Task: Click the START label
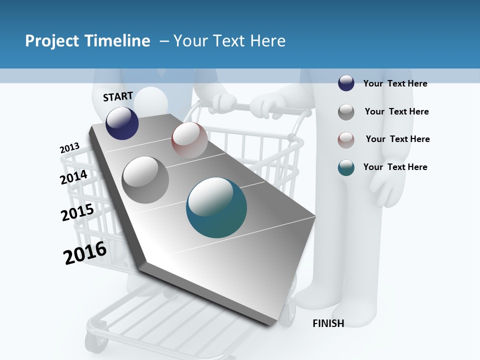(118, 96)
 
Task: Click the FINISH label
(328, 323)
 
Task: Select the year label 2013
(69, 148)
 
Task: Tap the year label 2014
(74, 177)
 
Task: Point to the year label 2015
(77, 212)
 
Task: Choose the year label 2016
(85, 252)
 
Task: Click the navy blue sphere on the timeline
(122, 123)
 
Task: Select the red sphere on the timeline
(189, 140)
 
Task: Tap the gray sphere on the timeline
(145, 179)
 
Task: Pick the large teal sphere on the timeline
(216, 207)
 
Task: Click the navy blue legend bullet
(346, 83)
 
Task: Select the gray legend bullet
(346, 112)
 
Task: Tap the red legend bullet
(346, 139)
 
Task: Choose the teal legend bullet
(346, 167)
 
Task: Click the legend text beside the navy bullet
(395, 83)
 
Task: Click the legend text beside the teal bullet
(395, 167)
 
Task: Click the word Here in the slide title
(267, 41)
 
